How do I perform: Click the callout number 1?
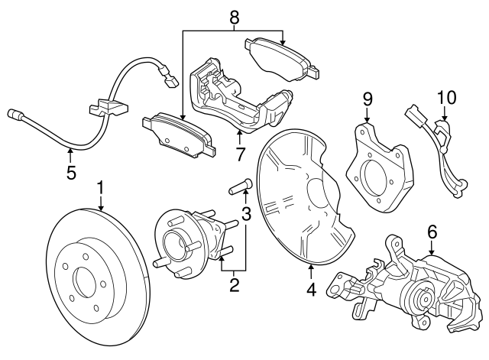coord(100,188)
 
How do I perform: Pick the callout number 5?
coord(71,173)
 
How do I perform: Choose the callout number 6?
coord(432,230)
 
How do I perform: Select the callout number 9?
coord(367,99)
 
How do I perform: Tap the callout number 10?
coord(445,99)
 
